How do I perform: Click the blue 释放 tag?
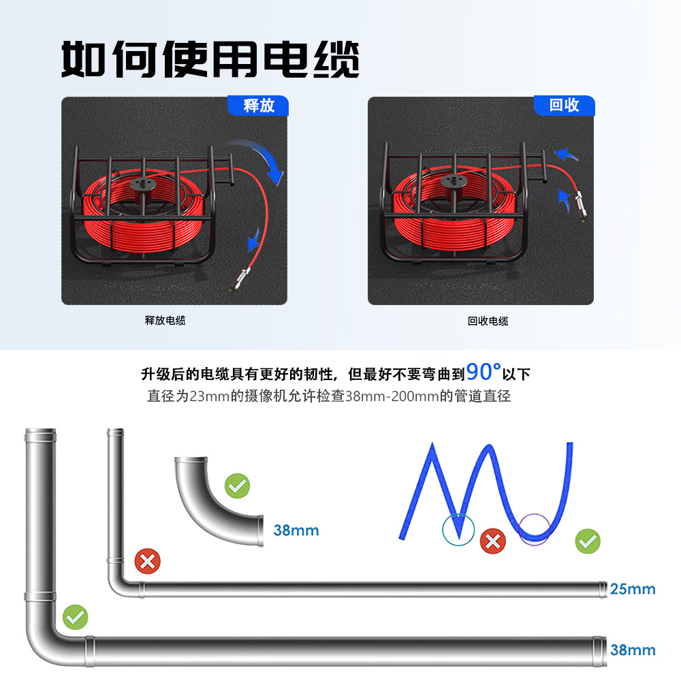click(258, 106)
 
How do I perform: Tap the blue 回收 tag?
click(564, 105)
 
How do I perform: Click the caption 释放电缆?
click(165, 321)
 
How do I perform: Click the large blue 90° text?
click(484, 372)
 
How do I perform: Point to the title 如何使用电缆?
click(210, 60)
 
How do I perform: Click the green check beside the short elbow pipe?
click(238, 486)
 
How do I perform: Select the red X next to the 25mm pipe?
click(147, 562)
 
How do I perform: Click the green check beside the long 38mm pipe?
click(75, 618)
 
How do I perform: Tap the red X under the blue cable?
click(493, 542)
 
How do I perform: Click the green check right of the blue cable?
click(587, 542)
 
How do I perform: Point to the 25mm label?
click(633, 589)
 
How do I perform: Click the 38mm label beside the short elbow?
click(296, 530)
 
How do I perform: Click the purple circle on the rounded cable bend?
click(534, 528)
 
